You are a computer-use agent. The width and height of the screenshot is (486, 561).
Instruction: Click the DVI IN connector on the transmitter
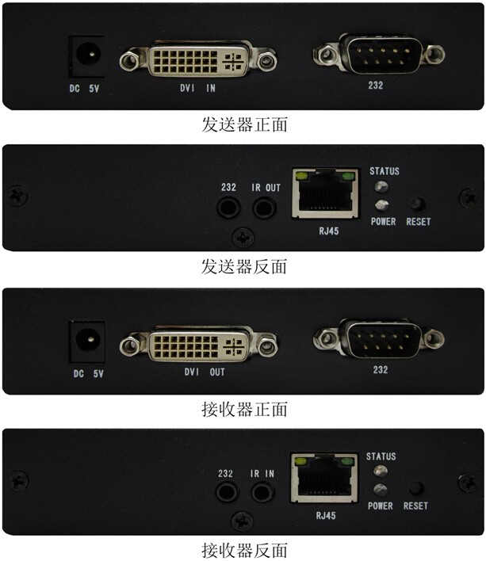198,59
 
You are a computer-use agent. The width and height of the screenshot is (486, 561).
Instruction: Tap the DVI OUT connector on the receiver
199,345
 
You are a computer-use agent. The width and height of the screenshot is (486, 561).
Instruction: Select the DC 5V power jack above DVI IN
86,56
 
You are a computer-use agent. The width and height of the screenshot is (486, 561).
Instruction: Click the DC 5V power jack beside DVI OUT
87,342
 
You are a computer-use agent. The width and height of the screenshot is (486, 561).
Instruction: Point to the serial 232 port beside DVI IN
379,54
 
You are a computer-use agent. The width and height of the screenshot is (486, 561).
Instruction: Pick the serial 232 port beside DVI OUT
379,338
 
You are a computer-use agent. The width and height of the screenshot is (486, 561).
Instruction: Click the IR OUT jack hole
264,208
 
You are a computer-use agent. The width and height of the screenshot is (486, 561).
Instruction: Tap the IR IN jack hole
262,492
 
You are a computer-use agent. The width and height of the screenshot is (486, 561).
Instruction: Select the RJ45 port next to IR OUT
326,193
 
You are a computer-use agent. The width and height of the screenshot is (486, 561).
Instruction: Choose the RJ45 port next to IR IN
324,479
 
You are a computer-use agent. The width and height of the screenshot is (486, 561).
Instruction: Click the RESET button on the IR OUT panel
417,204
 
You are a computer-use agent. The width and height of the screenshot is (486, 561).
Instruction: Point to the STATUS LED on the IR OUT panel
381,186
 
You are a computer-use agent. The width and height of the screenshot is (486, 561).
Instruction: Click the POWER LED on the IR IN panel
380,490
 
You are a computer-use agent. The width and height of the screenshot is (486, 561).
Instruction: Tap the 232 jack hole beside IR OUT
228,208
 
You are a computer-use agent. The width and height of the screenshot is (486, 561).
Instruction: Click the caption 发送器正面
244,124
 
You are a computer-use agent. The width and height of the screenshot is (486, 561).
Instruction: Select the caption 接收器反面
244,551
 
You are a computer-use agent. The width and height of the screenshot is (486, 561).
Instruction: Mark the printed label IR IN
262,474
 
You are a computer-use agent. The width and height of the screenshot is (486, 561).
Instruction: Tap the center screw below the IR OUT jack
243,238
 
